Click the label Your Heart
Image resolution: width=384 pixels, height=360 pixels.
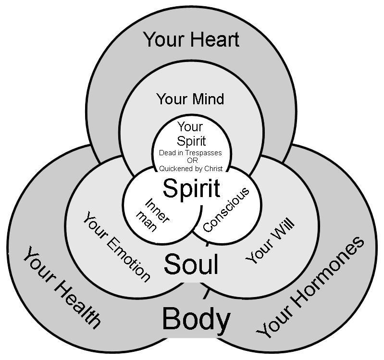(191, 39)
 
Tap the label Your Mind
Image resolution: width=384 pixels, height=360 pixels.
(190, 99)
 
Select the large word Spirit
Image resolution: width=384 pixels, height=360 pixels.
(191, 188)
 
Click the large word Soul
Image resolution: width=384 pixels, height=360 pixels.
(191, 264)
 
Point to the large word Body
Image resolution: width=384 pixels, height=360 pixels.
(196, 319)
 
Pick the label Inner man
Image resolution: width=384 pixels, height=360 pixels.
(153, 215)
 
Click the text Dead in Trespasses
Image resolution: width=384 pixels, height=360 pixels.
(190, 152)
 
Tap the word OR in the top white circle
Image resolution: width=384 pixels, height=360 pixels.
(190, 160)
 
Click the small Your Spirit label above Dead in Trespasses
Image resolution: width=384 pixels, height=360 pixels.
(191, 134)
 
